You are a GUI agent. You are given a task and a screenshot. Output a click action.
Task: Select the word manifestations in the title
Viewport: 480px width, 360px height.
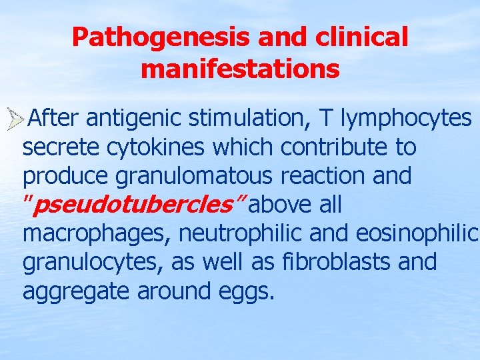pos(240,69)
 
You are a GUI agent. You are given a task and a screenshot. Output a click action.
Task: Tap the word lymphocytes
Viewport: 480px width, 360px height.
pos(406,118)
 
